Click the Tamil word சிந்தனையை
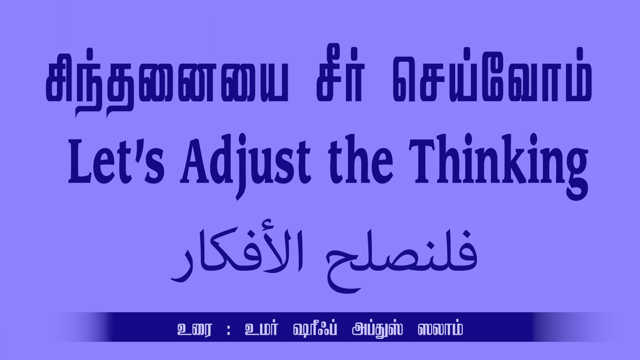[167, 83]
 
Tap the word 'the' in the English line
[361, 159]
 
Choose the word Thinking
[499, 167]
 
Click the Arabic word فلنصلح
[402, 260]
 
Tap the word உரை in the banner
[194, 329]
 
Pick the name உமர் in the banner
[261, 328]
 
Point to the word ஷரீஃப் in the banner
[315, 328]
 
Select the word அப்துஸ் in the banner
[377, 329]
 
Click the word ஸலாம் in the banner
[440, 328]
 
